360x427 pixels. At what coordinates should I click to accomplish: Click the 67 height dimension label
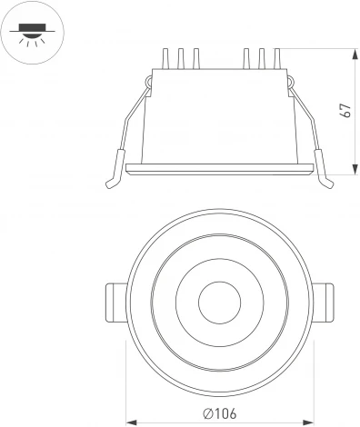tap(345, 110)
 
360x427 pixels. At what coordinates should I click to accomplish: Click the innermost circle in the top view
tap(217, 298)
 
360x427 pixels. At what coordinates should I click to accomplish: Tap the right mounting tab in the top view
tap(322, 300)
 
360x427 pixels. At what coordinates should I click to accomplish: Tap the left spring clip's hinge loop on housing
tap(147, 84)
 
